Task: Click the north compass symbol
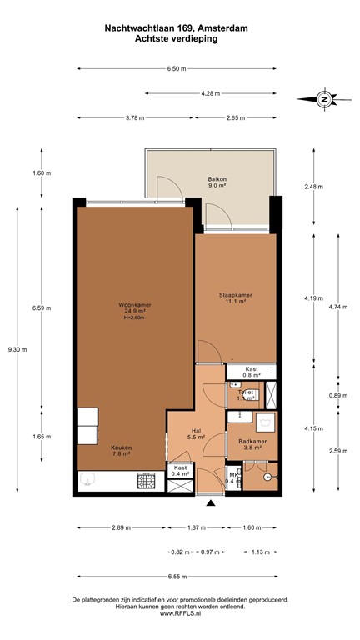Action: [323, 98]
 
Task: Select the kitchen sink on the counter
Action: [89, 482]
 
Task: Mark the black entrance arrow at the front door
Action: [211, 502]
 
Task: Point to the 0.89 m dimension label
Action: [337, 396]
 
